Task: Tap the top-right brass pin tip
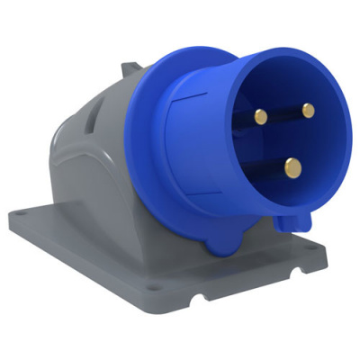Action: pyautogui.click(x=308, y=111)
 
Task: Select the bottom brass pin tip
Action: pyautogui.click(x=292, y=166)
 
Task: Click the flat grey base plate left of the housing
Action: pyautogui.click(x=72, y=225)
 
